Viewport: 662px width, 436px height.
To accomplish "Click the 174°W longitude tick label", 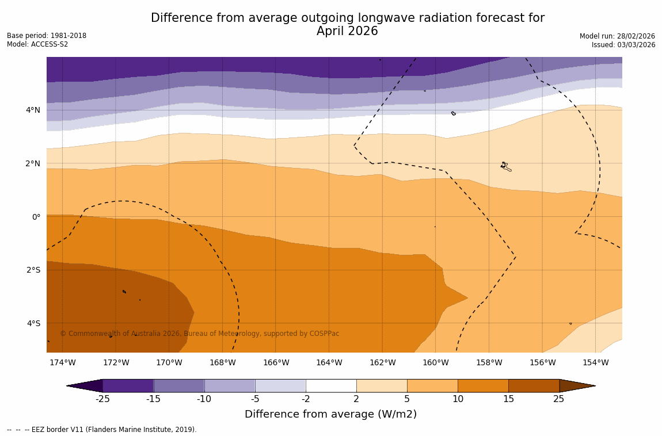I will (x=62, y=362).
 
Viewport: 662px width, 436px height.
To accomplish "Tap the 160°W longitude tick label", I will (x=435, y=362).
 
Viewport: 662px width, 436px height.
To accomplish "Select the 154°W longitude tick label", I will (x=595, y=362).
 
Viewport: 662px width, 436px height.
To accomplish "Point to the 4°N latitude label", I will (x=33, y=110).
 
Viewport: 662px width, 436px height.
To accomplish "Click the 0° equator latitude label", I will (x=36, y=217).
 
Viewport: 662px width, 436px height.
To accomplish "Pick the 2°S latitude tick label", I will (x=33, y=270).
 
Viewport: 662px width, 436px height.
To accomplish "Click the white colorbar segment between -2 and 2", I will (x=331, y=385).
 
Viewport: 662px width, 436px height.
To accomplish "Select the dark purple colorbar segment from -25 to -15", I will (x=128, y=385).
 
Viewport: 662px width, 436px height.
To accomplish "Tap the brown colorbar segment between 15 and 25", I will (x=534, y=385).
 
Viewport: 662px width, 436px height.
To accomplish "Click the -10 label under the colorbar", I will (x=204, y=399).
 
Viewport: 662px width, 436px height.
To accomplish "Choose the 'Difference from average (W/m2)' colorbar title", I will (x=330, y=414).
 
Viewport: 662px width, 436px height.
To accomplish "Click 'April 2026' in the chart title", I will (x=347, y=32).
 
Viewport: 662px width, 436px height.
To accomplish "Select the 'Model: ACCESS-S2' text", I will (x=37, y=44).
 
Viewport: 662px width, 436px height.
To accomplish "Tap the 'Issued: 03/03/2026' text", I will (x=623, y=45).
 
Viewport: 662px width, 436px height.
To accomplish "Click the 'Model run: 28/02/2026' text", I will (x=617, y=36).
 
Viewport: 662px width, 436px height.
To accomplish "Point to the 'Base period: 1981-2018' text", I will (x=47, y=36).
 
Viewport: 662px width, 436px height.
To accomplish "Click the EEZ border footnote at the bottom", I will (x=102, y=430).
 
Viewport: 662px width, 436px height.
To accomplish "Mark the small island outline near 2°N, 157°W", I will (x=505, y=166).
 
